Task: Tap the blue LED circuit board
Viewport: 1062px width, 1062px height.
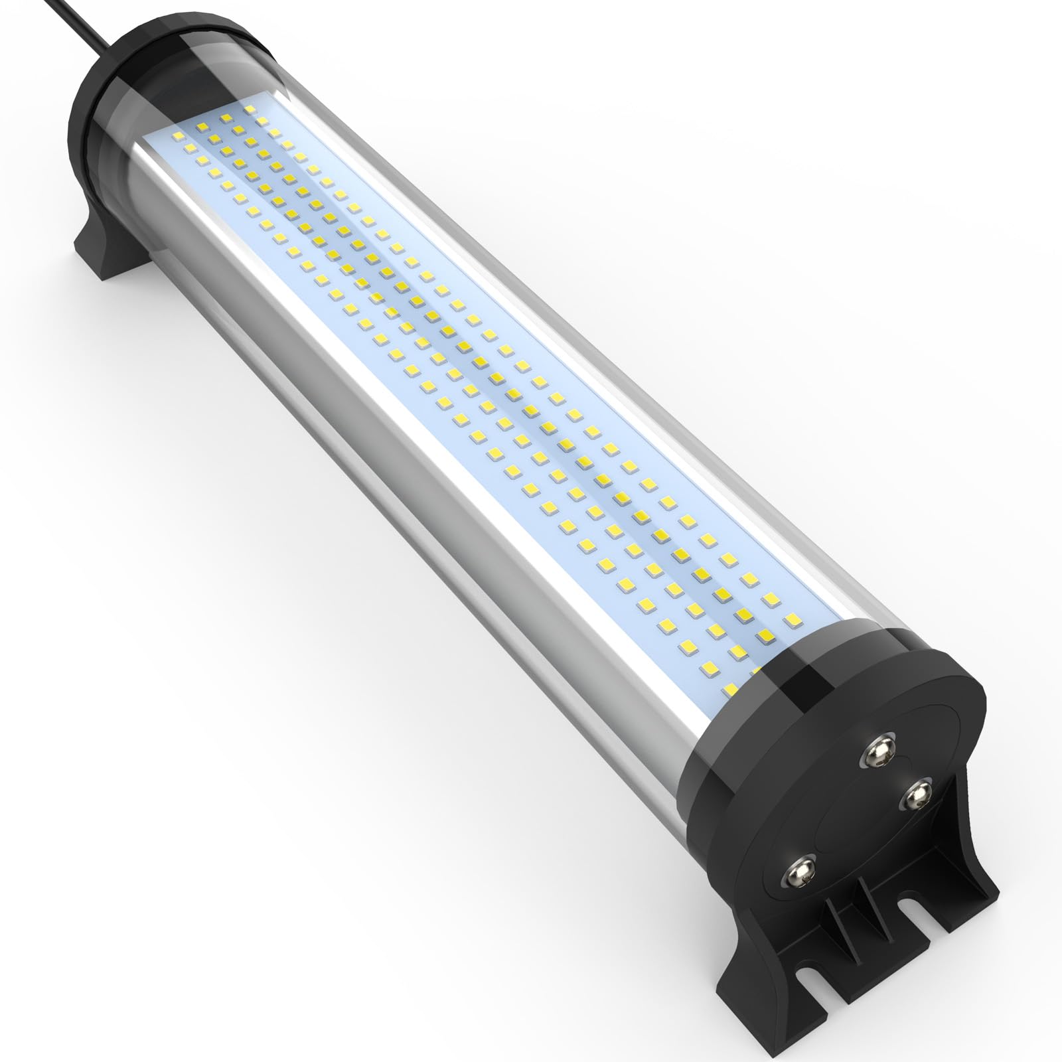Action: tap(465, 332)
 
